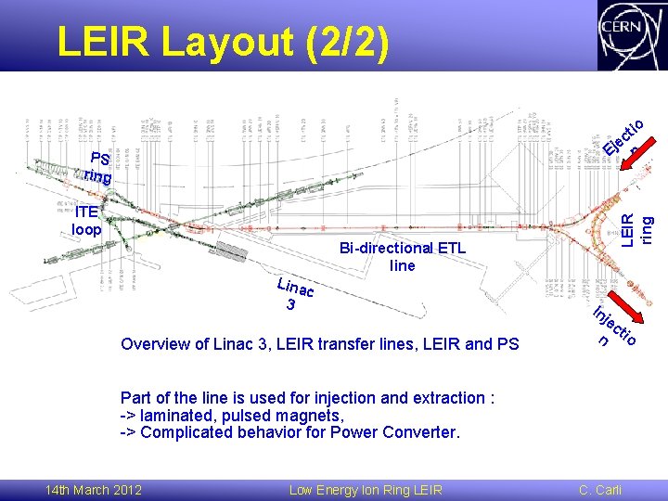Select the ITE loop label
click(x=87, y=220)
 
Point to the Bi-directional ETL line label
click(x=403, y=257)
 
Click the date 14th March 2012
click(x=94, y=490)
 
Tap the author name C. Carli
click(x=600, y=490)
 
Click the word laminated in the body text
click(x=178, y=415)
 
